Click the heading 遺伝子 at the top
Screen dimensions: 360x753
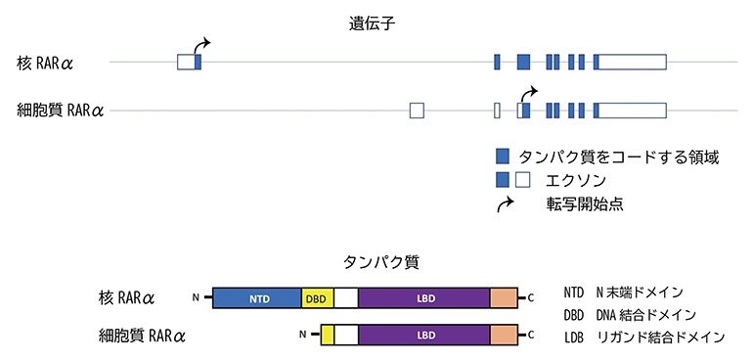pos(376,22)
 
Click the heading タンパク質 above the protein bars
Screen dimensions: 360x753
pos(376,262)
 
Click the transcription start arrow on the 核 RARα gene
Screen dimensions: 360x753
pos(202,45)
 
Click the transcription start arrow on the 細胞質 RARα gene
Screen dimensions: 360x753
pos(528,92)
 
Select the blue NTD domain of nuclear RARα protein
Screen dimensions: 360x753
pos(257,298)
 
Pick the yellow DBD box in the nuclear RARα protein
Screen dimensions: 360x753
pos(318,298)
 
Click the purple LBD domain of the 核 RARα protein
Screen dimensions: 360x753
pos(423,298)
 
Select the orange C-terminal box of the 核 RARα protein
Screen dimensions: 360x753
pos(503,298)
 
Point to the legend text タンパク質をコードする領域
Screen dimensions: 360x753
pos(619,157)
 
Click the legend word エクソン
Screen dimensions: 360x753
pos(577,180)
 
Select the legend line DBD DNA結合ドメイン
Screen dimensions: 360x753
pos(643,314)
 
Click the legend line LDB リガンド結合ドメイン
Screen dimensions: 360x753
pos(643,337)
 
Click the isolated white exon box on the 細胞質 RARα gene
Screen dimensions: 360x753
pos(417,110)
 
